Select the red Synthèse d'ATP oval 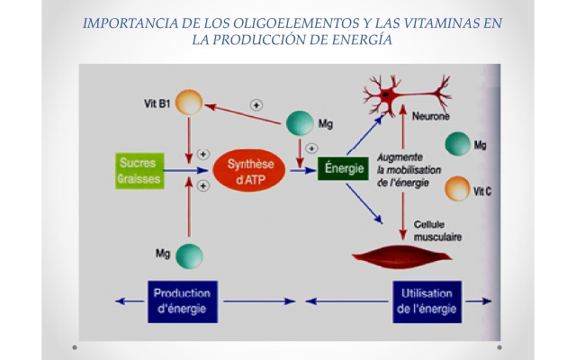pyautogui.click(x=249, y=169)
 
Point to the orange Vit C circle pyautogui.click(x=458, y=189)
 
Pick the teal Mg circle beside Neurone pyautogui.click(x=458, y=144)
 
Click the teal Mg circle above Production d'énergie pyautogui.click(x=188, y=256)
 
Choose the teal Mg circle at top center pyautogui.click(x=299, y=123)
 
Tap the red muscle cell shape pyautogui.click(x=396, y=255)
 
